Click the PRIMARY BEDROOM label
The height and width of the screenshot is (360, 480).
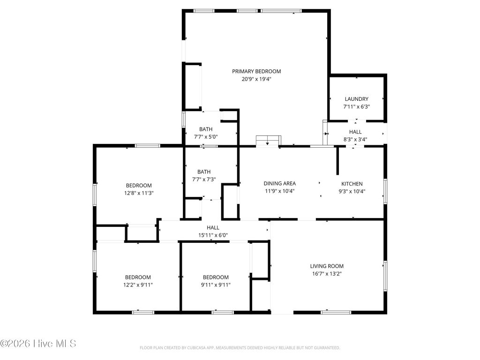(256, 71)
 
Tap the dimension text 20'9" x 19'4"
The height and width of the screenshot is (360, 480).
(256, 79)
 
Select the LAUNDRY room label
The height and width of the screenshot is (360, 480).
(356, 99)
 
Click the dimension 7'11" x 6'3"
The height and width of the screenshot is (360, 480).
(356, 106)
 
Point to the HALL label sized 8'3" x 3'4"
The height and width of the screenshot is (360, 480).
(355, 132)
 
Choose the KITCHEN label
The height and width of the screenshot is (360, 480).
(352, 184)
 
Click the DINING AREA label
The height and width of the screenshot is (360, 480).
(279, 184)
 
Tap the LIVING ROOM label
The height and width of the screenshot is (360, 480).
(327, 266)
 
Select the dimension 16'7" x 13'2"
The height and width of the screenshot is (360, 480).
(327, 274)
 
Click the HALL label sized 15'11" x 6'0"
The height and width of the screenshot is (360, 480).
(213, 227)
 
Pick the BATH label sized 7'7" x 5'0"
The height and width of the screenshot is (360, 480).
(205, 129)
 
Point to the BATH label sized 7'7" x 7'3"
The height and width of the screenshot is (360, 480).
(204, 172)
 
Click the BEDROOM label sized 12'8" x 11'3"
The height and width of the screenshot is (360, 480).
(138, 185)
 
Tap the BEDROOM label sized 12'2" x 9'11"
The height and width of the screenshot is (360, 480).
(138, 277)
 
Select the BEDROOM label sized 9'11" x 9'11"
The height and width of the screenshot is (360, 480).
(216, 277)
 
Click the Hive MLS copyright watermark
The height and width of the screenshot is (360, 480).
(38, 344)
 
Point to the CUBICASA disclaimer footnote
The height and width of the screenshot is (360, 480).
(240, 348)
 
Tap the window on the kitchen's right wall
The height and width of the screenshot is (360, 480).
(385, 191)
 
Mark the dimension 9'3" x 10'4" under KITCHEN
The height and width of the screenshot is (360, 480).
(352, 191)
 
